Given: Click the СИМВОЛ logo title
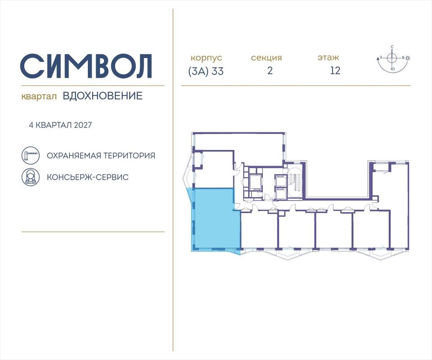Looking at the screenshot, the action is click(86, 66).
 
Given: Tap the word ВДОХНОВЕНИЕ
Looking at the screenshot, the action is click(103, 96).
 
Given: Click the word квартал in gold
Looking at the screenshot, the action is click(39, 97).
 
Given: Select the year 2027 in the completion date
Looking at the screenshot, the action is click(83, 125).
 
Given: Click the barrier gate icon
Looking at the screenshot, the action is click(30, 155).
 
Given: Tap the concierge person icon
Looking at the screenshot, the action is click(30, 177).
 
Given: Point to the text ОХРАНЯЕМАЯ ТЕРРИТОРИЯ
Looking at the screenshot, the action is click(101, 156).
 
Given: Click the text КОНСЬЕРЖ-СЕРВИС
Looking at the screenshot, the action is click(88, 177).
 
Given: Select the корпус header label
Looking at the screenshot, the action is click(206, 58).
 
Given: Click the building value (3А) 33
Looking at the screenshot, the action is click(206, 71).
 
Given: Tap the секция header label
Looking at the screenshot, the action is click(267, 58).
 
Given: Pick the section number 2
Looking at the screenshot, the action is click(270, 70).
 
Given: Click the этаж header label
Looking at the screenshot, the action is click(328, 58).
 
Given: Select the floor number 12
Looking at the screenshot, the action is click(335, 70).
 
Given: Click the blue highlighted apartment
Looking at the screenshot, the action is click(215, 219).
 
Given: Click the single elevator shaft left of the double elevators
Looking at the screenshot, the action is click(255, 182).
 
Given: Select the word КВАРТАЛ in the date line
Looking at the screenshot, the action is click(54, 125).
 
